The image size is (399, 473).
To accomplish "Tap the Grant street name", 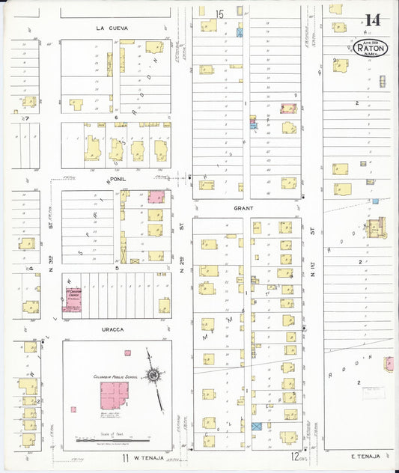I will (243, 208).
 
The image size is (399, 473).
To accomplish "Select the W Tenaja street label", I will (148, 457).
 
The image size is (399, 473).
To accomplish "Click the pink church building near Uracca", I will (73, 299).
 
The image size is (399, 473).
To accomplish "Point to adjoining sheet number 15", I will (219, 13).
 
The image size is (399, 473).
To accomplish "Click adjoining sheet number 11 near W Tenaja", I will (127, 457).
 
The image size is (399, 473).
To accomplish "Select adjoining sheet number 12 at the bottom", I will (296, 456).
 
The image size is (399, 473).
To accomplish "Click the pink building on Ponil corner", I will (156, 197).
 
